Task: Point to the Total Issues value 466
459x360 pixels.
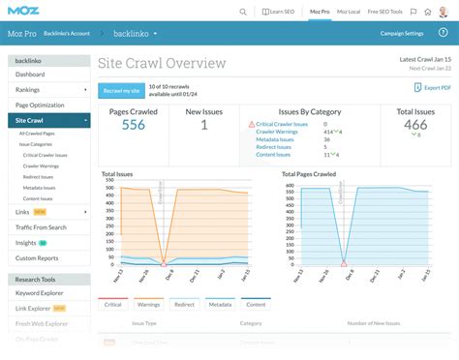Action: coord(415,125)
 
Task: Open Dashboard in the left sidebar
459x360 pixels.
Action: coord(30,75)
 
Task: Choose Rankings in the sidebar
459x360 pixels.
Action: coord(28,90)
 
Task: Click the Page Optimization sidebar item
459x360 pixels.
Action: coord(40,105)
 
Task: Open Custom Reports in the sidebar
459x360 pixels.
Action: coord(38,258)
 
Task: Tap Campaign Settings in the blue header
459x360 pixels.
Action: coord(401,33)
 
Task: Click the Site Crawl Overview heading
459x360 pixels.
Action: coord(162,64)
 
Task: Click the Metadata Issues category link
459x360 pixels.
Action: coord(276,139)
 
